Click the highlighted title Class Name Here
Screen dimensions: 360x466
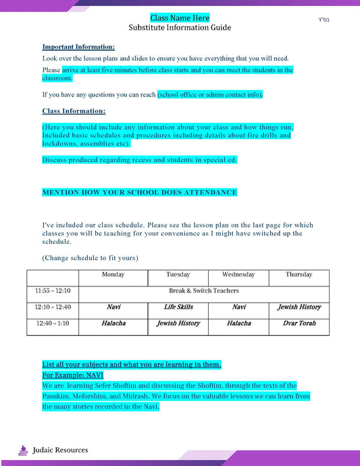[180, 18]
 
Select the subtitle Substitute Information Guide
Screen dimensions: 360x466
[180, 28]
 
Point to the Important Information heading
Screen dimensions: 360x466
[78, 47]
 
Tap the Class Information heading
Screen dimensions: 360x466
[74, 111]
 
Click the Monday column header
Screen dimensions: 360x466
[113, 275]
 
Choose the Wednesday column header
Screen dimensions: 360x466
[238, 275]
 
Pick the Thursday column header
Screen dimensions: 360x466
[299, 275]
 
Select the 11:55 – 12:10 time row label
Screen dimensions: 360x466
[53, 291]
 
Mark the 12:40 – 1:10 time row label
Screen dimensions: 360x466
[53, 323]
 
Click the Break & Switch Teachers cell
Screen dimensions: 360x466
[204, 291]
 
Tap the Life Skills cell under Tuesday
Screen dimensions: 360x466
[178, 307]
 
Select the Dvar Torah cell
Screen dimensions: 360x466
[299, 323]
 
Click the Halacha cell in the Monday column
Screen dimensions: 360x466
[113, 323]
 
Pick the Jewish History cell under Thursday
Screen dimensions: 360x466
[299, 307]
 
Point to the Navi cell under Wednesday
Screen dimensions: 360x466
[238, 307]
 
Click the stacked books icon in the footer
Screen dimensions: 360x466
[24, 449]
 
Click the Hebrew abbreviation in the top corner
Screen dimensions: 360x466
[323, 18]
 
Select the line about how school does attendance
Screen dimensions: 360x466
[139, 192]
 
